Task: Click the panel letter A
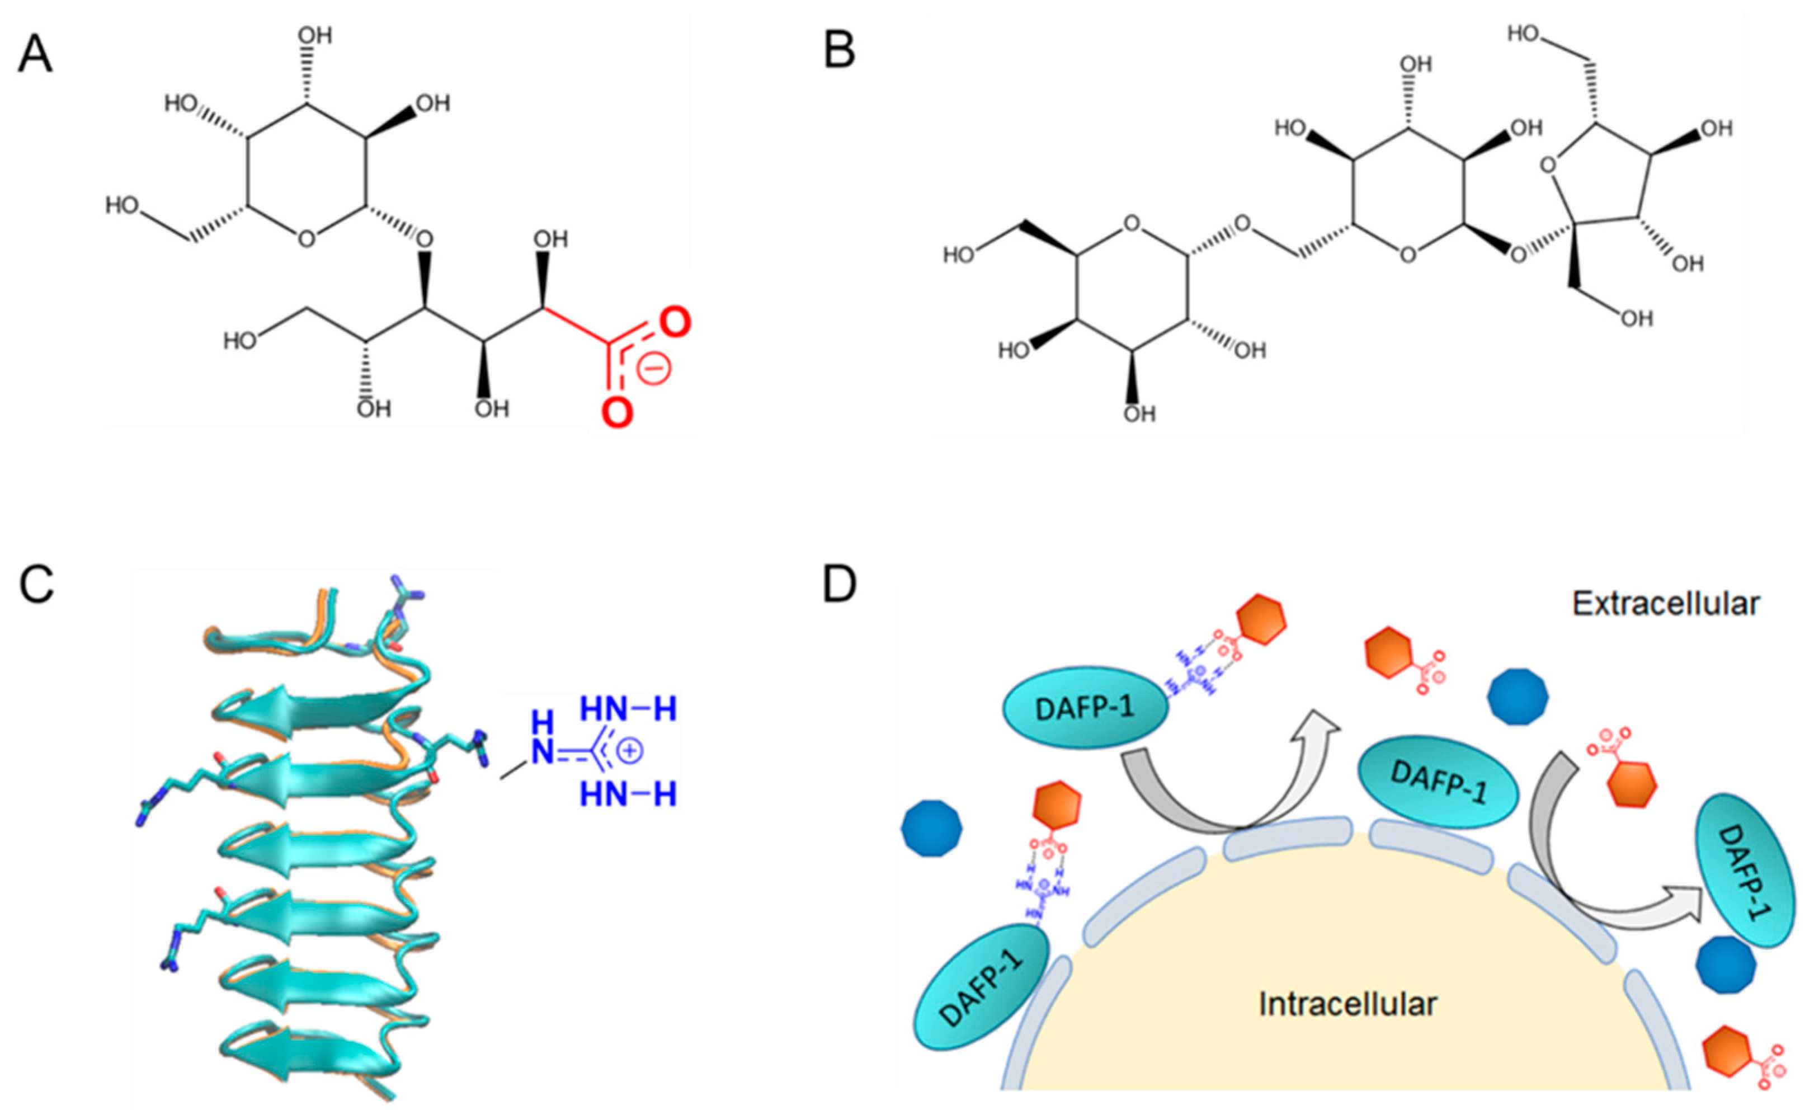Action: [35, 55]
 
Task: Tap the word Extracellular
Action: [1665, 604]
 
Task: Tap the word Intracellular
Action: [1347, 1004]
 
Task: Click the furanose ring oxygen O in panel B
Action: [1548, 168]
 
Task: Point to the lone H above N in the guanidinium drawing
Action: [542, 722]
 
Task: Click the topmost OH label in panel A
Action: [315, 35]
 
